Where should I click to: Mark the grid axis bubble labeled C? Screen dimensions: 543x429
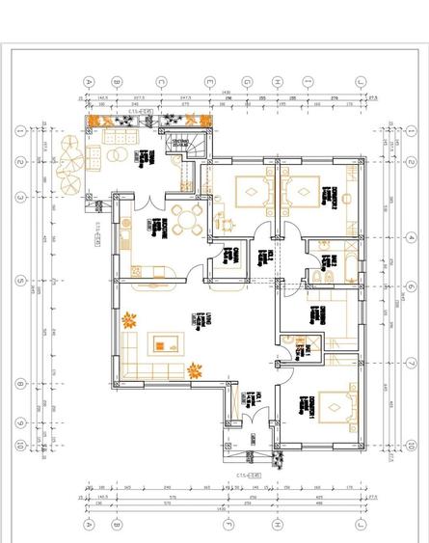click(x=162, y=82)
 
